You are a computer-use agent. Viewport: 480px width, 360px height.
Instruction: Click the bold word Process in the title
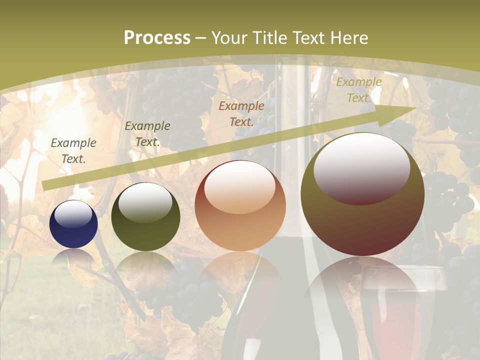coord(157,37)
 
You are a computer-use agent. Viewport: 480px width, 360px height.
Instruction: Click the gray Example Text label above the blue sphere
coord(73,151)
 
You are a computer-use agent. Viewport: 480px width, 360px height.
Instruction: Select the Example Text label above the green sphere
coord(147,134)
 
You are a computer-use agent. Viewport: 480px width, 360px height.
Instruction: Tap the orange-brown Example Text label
coord(241,113)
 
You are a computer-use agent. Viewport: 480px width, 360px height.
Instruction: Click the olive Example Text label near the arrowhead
coord(358,90)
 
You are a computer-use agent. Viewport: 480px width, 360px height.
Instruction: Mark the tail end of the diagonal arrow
coord(46,186)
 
